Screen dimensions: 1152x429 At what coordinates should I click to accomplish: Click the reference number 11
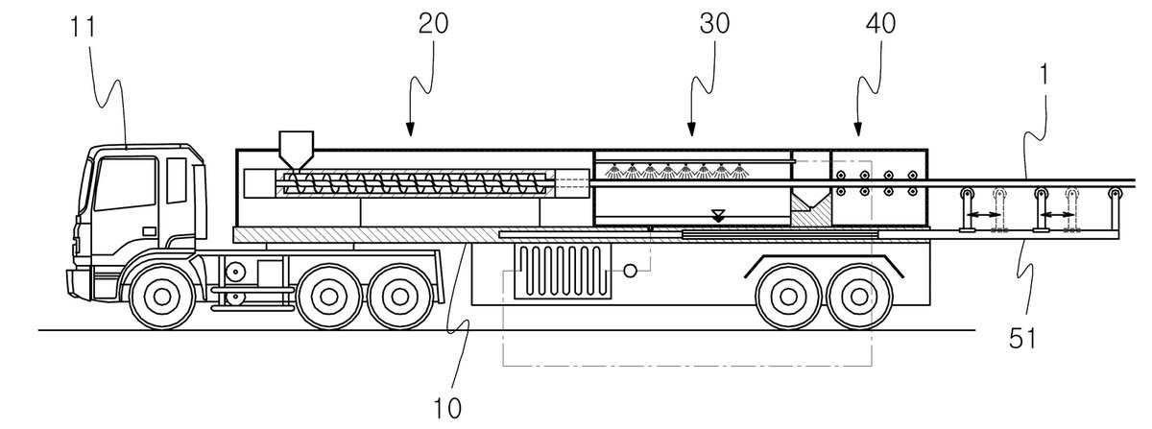pos(83,27)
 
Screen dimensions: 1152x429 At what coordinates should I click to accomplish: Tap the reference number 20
pos(433,24)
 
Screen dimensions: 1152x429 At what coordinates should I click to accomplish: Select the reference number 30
pos(714,24)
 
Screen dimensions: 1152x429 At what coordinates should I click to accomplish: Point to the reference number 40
pos(880,24)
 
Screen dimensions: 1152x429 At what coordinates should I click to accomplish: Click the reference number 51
pos(1022,340)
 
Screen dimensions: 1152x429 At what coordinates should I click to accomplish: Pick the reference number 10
pos(447,410)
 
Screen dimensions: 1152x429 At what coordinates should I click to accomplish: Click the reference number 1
pos(1044,75)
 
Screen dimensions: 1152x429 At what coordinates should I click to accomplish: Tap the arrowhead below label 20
pos(410,131)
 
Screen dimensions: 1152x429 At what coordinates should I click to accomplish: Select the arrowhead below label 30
pos(691,131)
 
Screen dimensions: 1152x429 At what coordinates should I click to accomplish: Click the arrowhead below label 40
pos(857,131)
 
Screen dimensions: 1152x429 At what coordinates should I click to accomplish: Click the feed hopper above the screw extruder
pos(296,150)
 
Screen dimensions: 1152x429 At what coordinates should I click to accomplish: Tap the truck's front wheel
pos(162,297)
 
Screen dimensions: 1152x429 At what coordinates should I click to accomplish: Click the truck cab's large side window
pos(126,183)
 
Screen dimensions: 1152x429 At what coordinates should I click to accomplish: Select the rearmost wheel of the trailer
pos(859,297)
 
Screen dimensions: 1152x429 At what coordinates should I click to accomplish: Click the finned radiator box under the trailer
pos(564,271)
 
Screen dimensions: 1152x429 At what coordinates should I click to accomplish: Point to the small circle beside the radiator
pos(630,270)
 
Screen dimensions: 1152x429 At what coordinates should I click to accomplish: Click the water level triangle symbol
pos(718,216)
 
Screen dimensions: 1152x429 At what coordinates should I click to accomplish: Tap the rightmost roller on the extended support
pos(1115,195)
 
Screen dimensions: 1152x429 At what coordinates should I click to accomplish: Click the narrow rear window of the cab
pos(177,180)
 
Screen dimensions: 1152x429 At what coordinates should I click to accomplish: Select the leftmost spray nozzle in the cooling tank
pos(612,171)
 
